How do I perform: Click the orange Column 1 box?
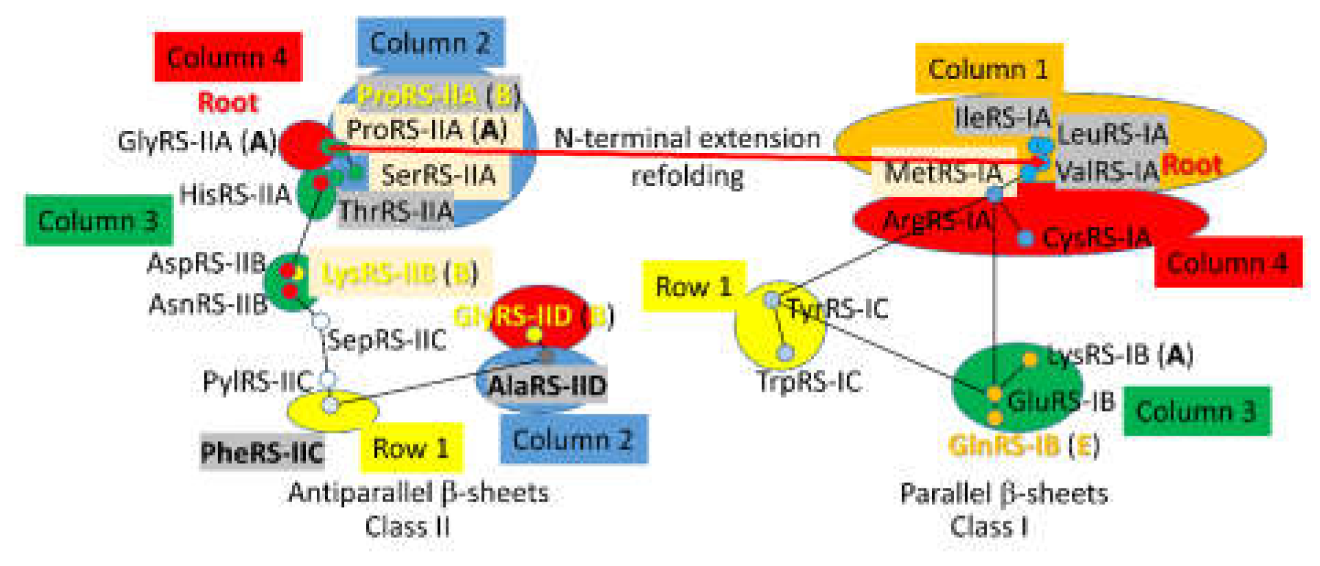[x=988, y=69]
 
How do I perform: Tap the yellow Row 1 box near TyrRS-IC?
[x=693, y=286]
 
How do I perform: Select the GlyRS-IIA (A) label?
[x=197, y=142]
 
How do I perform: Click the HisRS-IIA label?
[x=235, y=195]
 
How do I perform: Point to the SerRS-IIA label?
[x=438, y=175]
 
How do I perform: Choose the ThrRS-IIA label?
[x=396, y=211]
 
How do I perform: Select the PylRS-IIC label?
[x=257, y=381]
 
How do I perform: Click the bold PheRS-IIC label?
[x=262, y=452]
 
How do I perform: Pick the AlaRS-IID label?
[x=547, y=386]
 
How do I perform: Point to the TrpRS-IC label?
[x=809, y=381]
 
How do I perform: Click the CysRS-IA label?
[x=1096, y=238]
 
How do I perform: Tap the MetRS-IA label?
[x=943, y=172]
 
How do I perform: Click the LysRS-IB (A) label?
[x=1120, y=355]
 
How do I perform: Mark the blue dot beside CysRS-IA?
[x=1025, y=238]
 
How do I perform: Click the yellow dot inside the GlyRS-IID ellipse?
[x=533, y=335]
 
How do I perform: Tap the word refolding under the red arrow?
[x=687, y=176]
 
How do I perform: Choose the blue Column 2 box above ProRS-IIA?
[x=430, y=43]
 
